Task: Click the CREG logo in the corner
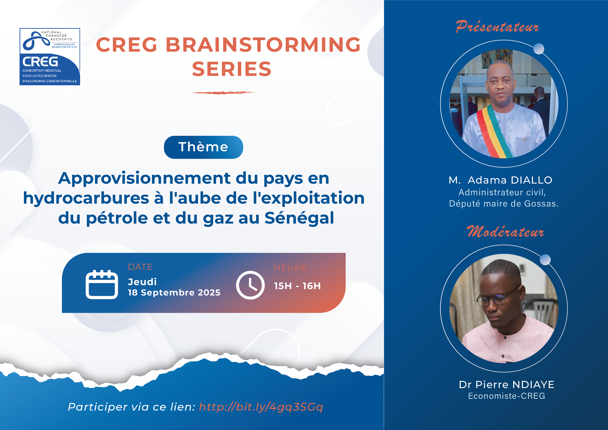pyautogui.click(x=50, y=57)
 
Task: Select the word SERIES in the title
pyautogui.click(x=232, y=69)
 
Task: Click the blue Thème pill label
pyautogui.click(x=203, y=147)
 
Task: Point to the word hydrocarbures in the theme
pyautogui.click(x=86, y=198)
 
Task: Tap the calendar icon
pyautogui.click(x=102, y=284)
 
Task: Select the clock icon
pyautogui.click(x=250, y=285)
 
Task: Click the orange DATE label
pyautogui.click(x=140, y=267)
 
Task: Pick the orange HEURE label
pyautogui.click(x=290, y=268)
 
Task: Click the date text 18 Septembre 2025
pyautogui.click(x=174, y=293)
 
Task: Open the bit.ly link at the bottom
pyautogui.click(x=261, y=407)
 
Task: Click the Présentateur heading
pyautogui.click(x=497, y=27)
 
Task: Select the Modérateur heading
pyautogui.click(x=505, y=231)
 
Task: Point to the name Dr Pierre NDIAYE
pyautogui.click(x=507, y=384)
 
